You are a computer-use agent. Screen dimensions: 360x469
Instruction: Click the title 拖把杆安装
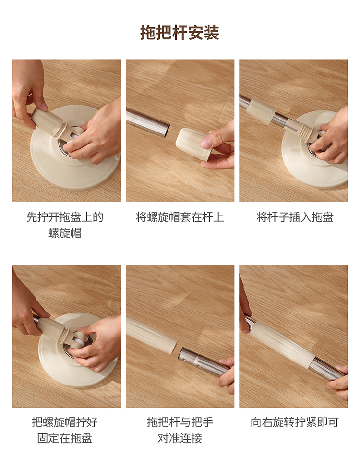pyautogui.click(x=180, y=33)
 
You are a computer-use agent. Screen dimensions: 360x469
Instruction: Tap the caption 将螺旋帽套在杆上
pyautogui.click(x=180, y=217)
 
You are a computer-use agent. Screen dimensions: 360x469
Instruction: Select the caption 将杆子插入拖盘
pyautogui.click(x=295, y=217)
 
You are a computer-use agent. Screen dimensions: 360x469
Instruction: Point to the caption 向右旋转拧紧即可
pyautogui.click(x=295, y=422)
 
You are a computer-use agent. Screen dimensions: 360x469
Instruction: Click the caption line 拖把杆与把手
pyautogui.click(x=180, y=422)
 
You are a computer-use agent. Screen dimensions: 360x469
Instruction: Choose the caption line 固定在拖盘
pyautogui.click(x=65, y=438)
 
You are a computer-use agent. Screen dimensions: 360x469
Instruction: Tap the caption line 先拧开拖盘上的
pyautogui.click(x=65, y=217)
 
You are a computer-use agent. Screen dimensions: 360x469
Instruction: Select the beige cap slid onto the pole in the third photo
pyautogui.click(x=261, y=111)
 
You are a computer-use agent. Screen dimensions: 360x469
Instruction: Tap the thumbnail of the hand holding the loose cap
pyautogui.click(x=180, y=131)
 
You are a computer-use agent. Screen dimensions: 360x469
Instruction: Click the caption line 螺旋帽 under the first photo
pyautogui.click(x=65, y=233)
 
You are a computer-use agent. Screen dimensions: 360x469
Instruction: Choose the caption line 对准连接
pyautogui.click(x=180, y=438)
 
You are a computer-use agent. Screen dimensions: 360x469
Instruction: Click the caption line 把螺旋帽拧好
pyautogui.click(x=65, y=422)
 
